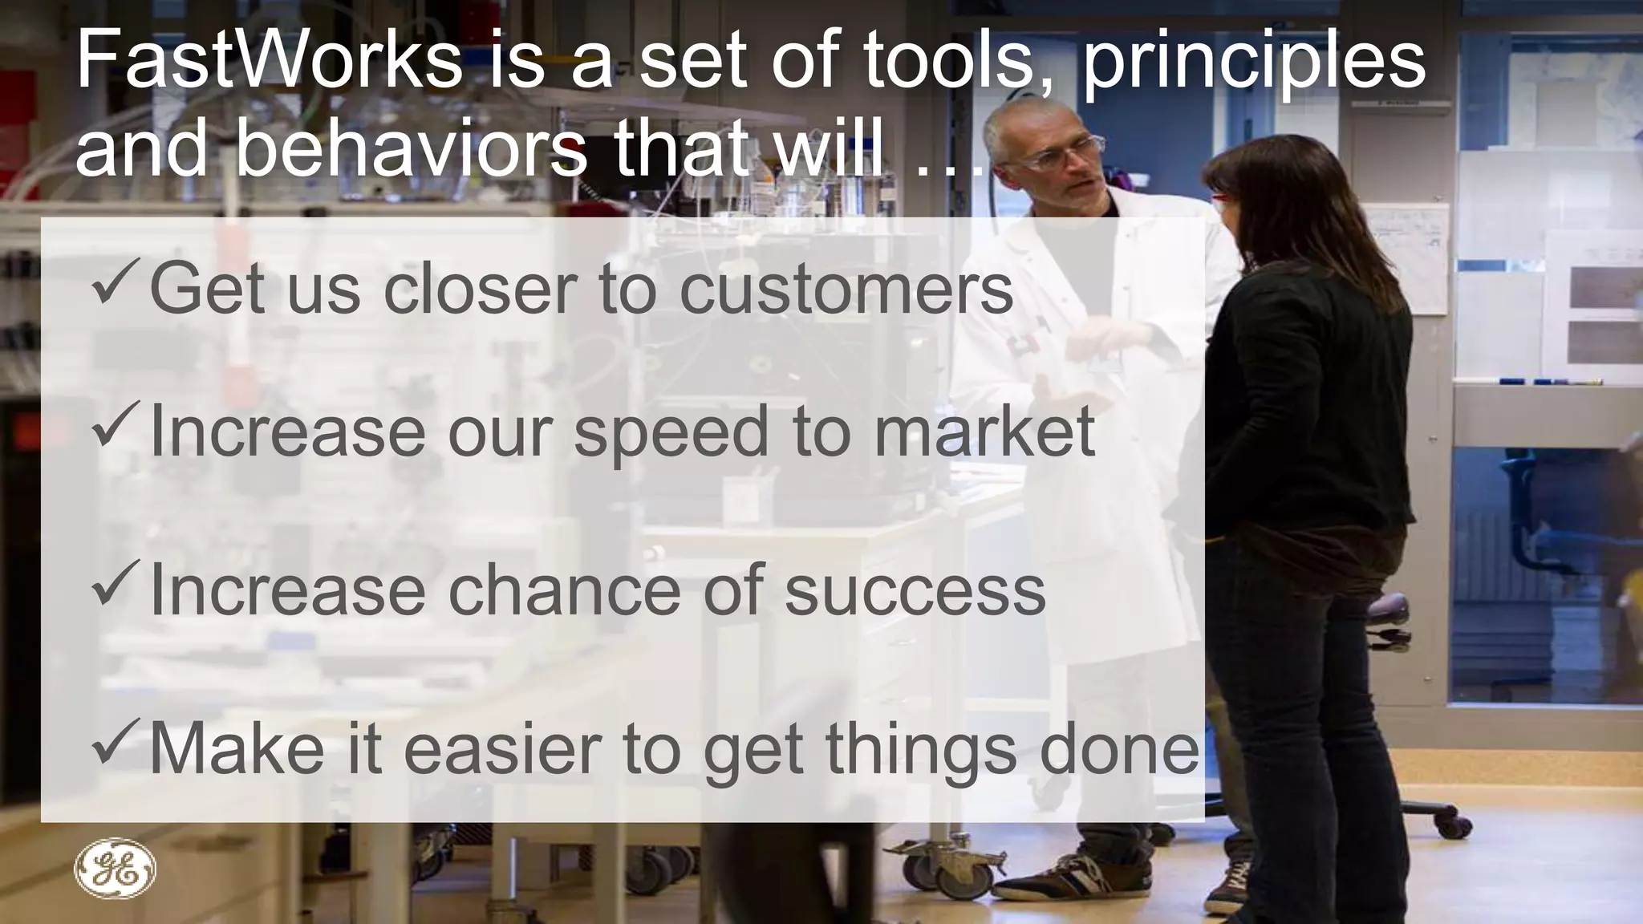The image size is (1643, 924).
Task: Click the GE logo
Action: [115, 869]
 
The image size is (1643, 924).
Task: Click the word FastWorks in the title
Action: [269, 61]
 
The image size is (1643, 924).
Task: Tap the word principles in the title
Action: [1254, 64]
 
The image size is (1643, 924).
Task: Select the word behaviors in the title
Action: [411, 148]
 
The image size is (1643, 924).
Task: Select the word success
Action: [915, 590]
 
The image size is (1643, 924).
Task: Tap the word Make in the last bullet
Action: [237, 749]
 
